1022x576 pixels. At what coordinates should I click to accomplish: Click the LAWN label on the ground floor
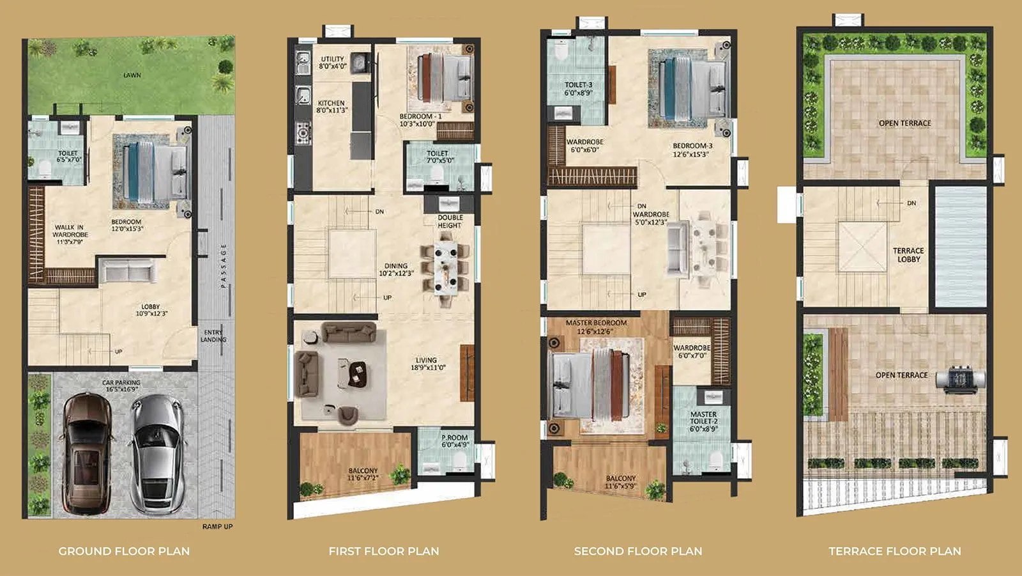point(132,75)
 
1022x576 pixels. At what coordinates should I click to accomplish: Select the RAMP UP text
point(217,527)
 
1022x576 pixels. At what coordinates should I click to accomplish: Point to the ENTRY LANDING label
point(213,336)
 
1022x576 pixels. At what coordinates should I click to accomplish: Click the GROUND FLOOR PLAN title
point(124,551)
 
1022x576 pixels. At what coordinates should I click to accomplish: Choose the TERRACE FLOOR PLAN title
point(894,551)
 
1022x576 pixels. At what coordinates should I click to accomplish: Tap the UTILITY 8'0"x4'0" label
point(332,63)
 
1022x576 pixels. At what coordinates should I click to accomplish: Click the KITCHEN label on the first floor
point(332,107)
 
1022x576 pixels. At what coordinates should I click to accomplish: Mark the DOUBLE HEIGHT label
point(450,222)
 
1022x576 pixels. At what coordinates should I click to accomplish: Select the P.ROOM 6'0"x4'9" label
point(455,441)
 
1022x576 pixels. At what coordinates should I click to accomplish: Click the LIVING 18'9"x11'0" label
point(427,364)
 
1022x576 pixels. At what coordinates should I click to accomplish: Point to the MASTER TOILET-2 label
point(703,421)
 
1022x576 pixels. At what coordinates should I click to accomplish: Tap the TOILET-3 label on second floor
point(578,89)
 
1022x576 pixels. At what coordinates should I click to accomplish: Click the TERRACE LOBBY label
point(908,255)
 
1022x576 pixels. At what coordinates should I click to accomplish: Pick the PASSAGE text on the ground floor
point(224,265)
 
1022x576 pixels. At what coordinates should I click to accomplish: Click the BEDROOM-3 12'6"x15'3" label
point(692,150)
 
